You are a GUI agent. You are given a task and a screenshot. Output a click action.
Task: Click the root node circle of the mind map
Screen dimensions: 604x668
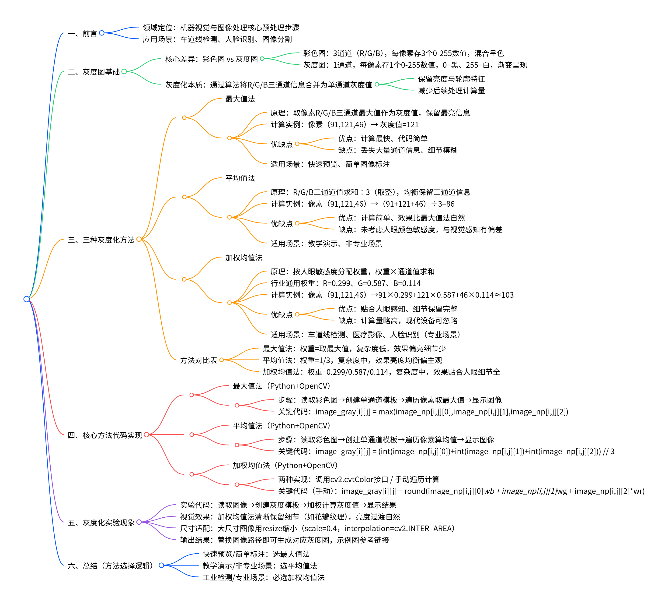point(27,299)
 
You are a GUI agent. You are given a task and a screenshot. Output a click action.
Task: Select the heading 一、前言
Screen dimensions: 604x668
point(82,33)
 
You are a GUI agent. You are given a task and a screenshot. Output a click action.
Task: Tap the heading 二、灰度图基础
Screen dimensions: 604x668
point(94,72)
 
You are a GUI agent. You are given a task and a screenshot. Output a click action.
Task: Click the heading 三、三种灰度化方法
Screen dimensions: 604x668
point(101,240)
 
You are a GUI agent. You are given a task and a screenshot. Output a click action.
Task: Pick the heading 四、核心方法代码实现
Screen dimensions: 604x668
point(105,435)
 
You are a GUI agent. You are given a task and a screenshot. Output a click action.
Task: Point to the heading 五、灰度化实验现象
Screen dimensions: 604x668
point(101,523)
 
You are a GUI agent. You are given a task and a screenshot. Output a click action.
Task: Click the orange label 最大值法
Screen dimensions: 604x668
point(240,99)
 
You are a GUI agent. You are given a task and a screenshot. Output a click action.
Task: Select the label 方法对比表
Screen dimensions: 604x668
point(198,360)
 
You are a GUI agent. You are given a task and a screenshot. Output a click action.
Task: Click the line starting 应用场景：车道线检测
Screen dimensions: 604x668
point(217,39)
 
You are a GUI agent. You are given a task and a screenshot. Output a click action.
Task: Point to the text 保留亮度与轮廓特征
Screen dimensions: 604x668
point(451,79)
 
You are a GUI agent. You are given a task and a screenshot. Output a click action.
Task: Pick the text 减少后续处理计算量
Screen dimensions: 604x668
point(451,91)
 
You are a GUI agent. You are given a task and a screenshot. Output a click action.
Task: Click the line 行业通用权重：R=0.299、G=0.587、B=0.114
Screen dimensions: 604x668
point(345,283)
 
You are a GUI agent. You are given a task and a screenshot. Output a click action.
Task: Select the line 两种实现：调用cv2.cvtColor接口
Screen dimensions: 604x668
point(358,479)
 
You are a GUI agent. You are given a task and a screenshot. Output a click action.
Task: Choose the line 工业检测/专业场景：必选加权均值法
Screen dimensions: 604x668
point(263,577)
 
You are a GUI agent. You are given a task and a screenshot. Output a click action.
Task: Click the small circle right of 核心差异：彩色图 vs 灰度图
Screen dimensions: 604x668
point(262,59)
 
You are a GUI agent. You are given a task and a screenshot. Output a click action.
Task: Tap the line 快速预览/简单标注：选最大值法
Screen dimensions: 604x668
point(256,554)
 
